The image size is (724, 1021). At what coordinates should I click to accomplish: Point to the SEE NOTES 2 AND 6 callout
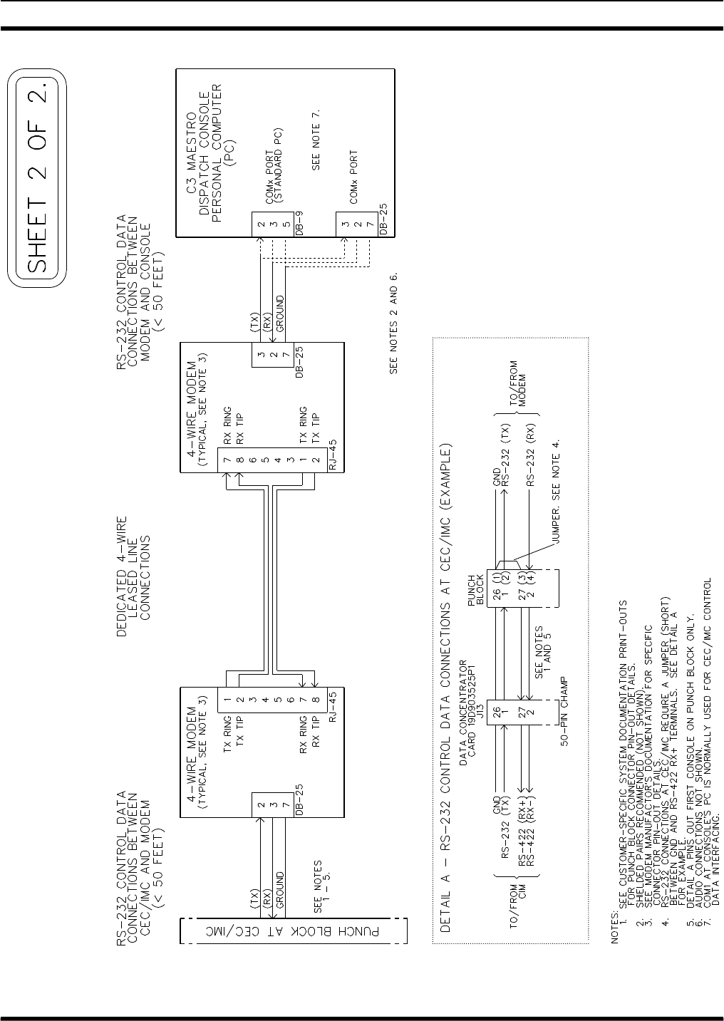click(x=393, y=322)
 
